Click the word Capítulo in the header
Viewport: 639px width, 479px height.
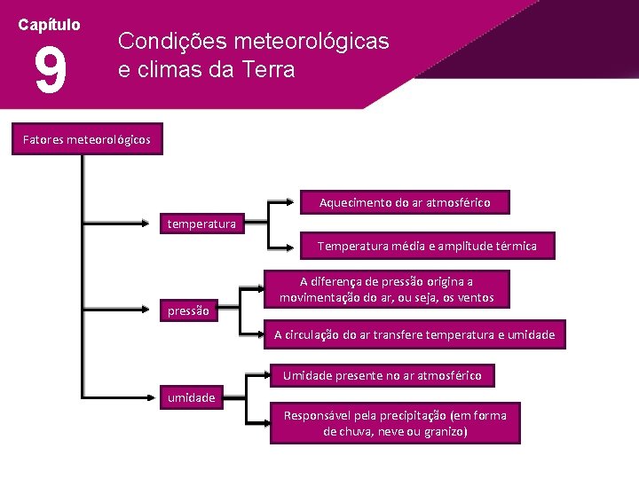tap(50, 25)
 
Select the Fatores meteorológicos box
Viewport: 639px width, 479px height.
tap(87, 139)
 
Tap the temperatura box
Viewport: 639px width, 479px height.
tap(202, 224)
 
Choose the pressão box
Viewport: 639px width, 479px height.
tap(189, 310)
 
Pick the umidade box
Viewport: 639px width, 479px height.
tap(192, 397)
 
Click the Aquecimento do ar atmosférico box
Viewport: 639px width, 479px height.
tap(404, 203)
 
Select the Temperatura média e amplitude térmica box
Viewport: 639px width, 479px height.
tap(427, 246)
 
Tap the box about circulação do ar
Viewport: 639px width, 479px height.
tap(414, 334)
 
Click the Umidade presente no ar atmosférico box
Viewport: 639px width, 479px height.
tap(382, 376)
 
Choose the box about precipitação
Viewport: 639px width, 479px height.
tap(395, 423)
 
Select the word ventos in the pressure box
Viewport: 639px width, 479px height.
tap(474, 298)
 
